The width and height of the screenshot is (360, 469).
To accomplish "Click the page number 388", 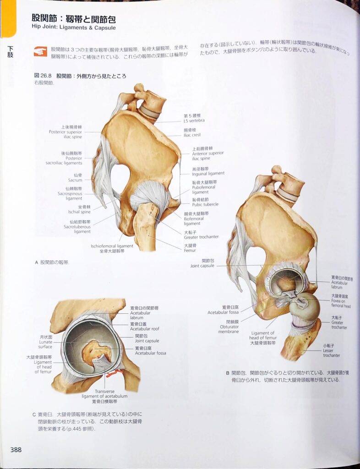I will tap(16, 449).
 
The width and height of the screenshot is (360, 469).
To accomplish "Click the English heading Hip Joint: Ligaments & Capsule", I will tap(73, 27).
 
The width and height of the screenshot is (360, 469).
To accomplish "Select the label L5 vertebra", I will tap(194, 120).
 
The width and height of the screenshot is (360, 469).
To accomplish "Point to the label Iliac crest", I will tap(192, 135).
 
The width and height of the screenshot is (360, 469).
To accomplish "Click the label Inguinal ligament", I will tap(208, 173).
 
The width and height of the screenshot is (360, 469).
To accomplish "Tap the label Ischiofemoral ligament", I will tap(112, 246).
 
